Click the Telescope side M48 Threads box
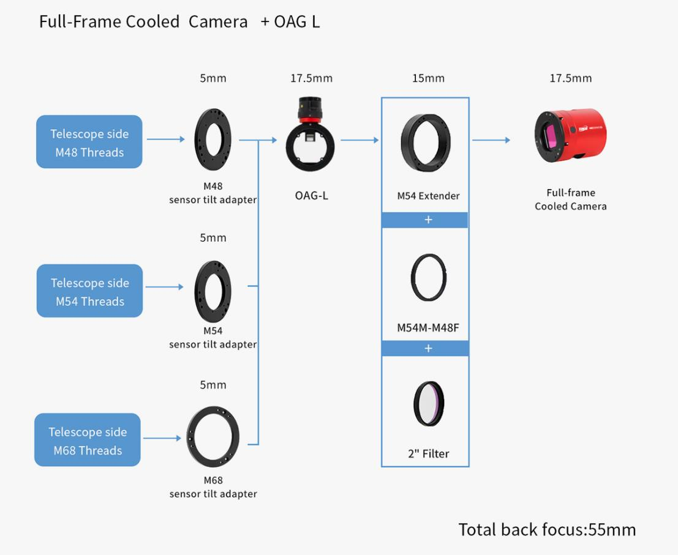coord(89,142)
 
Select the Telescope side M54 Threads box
coord(89,291)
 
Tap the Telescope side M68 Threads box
coord(88,441)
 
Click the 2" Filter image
coord(428,403)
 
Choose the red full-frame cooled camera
coord(569,136)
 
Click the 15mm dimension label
coord(428,78)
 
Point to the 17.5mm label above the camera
coord(570,78)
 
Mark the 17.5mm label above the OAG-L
coord(311,78)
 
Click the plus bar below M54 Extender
coord(425,220)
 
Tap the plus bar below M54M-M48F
coord(425,349)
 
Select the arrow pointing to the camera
coord(491,140)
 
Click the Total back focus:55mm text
coord(547,529)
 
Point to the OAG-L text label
coord(311,196)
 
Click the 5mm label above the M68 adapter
coord(213,385)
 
